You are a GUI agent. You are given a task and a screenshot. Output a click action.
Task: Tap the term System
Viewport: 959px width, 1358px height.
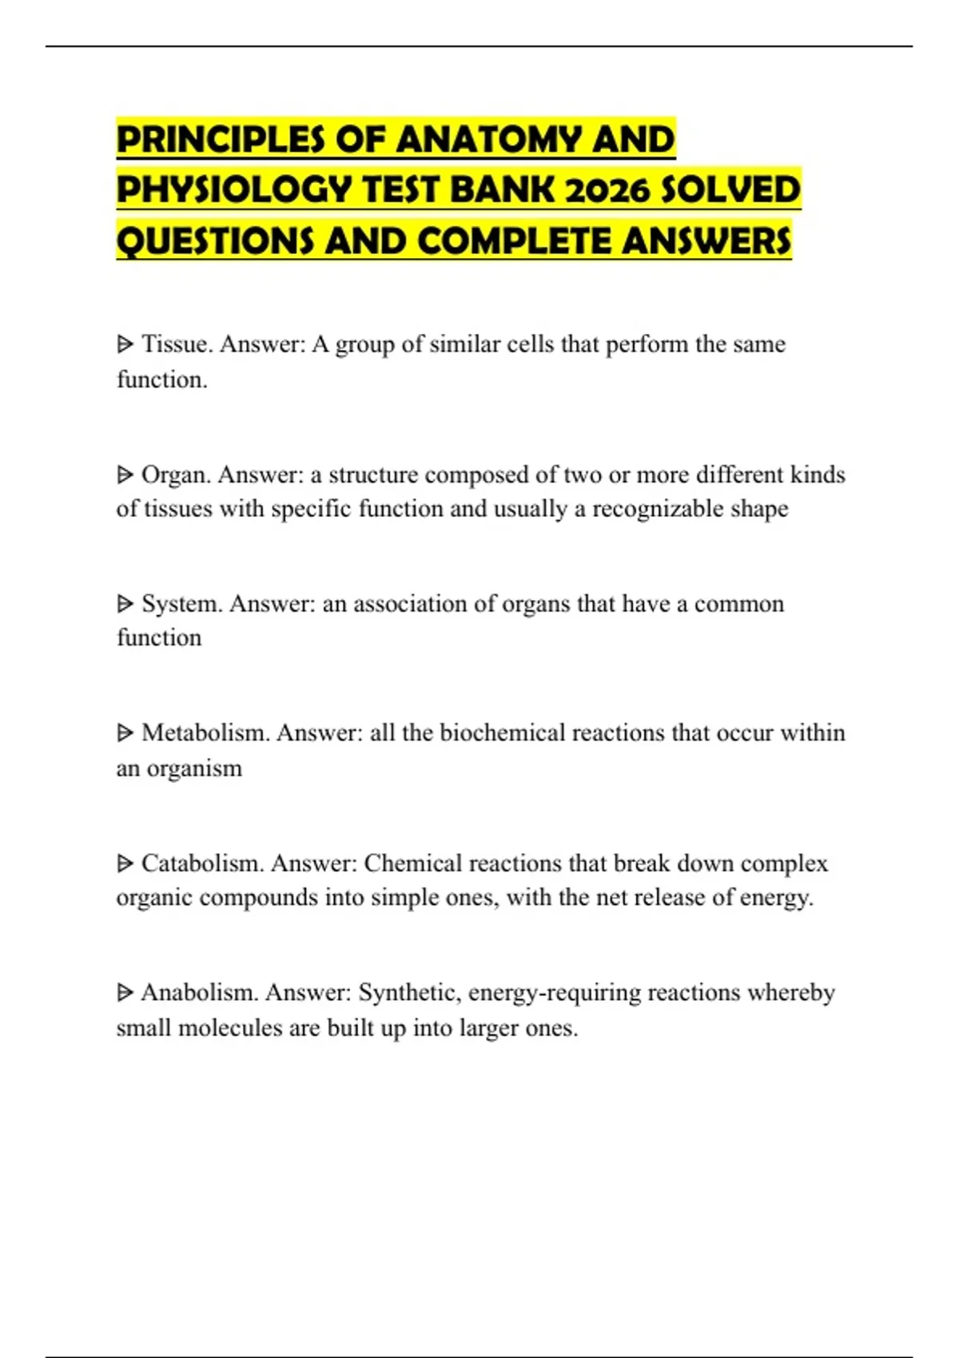(x=181, y=604)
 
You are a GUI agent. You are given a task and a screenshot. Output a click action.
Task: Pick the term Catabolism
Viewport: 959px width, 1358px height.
(x=202, y=864)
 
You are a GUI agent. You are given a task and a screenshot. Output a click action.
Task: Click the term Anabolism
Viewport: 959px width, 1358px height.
(x=199, y=993)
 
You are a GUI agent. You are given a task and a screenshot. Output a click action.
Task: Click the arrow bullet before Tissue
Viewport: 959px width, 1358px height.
(x=125, y=345)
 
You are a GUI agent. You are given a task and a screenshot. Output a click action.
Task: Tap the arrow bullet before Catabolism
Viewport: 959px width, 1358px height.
(x=125, y=864)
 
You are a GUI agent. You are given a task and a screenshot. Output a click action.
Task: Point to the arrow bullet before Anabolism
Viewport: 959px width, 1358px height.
(x=125, y=993)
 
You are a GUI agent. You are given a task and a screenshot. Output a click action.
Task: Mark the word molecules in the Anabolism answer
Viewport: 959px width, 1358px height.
(x=229, y=1028)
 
